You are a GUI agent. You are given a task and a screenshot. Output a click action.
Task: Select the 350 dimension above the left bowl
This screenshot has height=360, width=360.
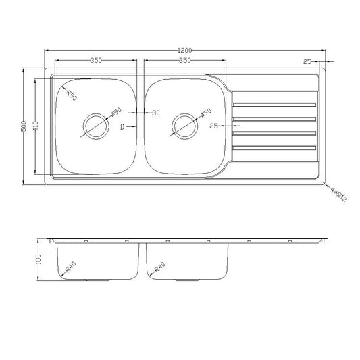(x=95, y=61)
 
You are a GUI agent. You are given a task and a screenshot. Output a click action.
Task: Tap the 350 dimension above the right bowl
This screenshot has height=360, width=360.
(x=179, y=61)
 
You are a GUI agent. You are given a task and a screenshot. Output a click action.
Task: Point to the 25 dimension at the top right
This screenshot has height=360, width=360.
(x=307, y=61)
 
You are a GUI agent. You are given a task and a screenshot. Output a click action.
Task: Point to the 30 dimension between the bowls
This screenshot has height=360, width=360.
(x=156, y=113)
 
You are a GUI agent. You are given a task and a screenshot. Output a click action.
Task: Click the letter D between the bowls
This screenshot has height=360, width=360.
(x=123, y=126)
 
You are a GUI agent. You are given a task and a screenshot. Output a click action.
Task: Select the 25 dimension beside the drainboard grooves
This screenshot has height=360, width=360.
(x=214, y=126)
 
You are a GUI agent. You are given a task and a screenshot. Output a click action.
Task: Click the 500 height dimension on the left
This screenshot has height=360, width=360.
(x=24, y=126)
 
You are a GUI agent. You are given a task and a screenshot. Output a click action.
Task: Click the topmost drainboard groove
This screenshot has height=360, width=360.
(x=274, y=105)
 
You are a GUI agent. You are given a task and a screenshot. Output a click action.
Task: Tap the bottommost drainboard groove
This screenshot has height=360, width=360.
(x=274, y=147)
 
